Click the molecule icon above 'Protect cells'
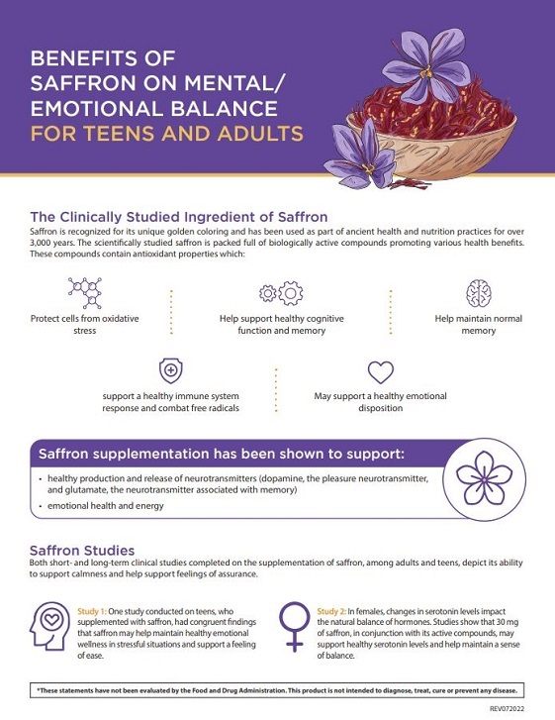(x=85, y=292)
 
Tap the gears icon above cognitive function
(x=281, y=293)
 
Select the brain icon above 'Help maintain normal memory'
(x=479, y=293)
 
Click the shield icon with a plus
(x=170, y=370)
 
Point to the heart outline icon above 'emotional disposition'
(x=381, y=372)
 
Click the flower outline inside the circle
(x=485, y=479)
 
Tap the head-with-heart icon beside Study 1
(x=50, y=626)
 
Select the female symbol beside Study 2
(x=295, y=627)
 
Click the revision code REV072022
(x=507, y=708)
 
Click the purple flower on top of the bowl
(x=426, y=65)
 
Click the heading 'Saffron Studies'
(x=82, y=550)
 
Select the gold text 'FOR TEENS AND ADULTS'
(x=167, y=133)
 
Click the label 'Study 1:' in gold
(x=92, y=611)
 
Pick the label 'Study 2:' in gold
(x=331, y=611)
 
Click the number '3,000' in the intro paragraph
(x=41, y=243)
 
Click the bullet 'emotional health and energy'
(x=106, y=505)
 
